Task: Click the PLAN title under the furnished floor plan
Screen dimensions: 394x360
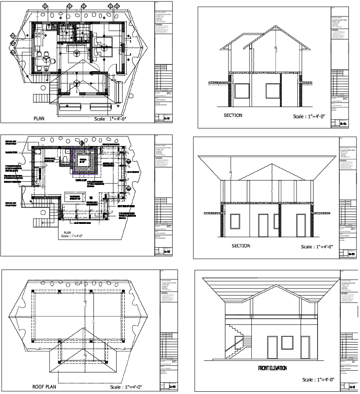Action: [x=38, y=119]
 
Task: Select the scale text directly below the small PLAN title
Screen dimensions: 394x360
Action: [x=74, y=238]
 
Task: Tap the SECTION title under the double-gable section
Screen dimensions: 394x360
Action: [x=233, y=115]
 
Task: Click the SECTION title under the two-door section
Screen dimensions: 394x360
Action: [x=241, y=246]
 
